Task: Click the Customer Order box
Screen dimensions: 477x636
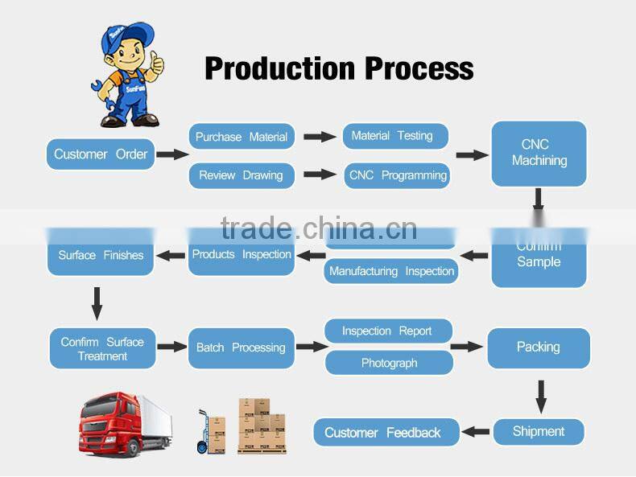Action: pos(101,154)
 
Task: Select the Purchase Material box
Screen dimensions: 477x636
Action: pos(242,137)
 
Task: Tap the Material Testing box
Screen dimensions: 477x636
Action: pos(394,136)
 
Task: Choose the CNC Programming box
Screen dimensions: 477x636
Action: pos(397,175)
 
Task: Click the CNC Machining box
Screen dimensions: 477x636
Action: pos(539,153)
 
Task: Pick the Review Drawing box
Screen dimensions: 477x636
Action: pos(241,175)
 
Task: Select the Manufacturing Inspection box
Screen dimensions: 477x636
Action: pos(391,271)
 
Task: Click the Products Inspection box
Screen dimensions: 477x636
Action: pos(242,255)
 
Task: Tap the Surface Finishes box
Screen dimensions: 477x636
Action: pos(101,256)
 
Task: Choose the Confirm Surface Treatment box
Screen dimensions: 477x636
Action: pos(102,348)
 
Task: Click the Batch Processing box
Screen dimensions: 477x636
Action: pos(241,347)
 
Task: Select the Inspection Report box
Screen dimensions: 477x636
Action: pos(387,331)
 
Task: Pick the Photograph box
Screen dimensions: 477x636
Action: pos(389,363)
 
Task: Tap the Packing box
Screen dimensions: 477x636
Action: pos(538,347)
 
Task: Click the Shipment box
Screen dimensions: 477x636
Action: pos(538,431)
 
